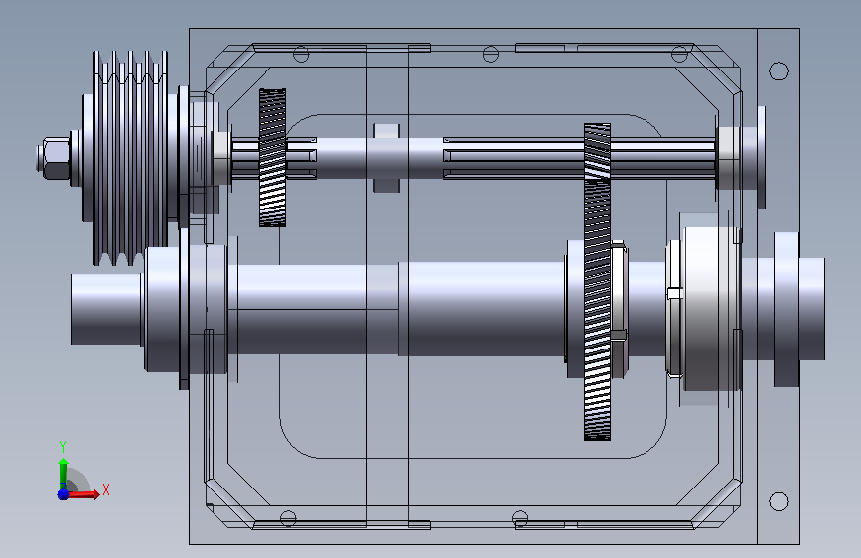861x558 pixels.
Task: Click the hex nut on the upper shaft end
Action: tap(54, 158)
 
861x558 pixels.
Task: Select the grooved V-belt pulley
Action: tap(130, 158)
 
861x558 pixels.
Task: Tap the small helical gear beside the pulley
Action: tap(272, 158)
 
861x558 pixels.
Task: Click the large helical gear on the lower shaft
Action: tap(598, 282)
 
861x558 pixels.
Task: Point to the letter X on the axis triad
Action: tap(106, 489)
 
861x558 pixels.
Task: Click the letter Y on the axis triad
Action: tap(63, 447)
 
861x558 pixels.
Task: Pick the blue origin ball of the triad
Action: tap(63, 494)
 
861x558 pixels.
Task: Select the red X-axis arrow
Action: tap(82, 494)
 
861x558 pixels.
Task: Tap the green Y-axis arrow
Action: tap(64, 473)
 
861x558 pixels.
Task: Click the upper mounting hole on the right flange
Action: tap(779, 70)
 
